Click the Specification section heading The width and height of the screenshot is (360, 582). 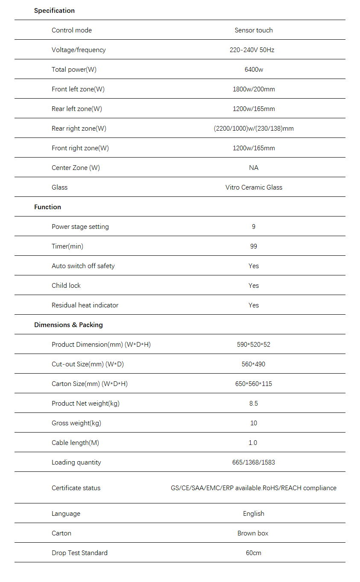(54, 11)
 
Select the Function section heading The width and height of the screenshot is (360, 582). (47, 207)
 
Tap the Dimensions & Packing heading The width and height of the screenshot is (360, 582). (68, 325)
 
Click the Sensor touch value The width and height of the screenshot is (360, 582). (254, 30)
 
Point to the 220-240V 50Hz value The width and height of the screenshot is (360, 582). (252, 50)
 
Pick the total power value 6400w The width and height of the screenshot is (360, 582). (254, 70)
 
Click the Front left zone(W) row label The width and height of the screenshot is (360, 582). (78, 89)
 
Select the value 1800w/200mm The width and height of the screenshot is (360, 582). (254, 89)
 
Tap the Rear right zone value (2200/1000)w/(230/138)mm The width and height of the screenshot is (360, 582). (254, 129)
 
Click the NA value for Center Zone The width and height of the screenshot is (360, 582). (254, 168)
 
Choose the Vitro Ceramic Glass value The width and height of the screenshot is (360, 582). (254, 187)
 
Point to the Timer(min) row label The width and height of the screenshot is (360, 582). (67, 246)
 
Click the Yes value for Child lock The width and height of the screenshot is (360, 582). (254, 286)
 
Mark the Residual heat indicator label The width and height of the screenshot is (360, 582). (85, 305)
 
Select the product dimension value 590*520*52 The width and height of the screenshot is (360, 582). (254, 345)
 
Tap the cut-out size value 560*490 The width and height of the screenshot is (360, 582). (254, 364)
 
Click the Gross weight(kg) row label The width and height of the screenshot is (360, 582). (76, 423)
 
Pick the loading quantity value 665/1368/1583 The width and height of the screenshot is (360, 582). (254, 462)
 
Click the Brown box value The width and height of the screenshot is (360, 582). (253, 533)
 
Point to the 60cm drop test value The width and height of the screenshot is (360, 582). (254, 553)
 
